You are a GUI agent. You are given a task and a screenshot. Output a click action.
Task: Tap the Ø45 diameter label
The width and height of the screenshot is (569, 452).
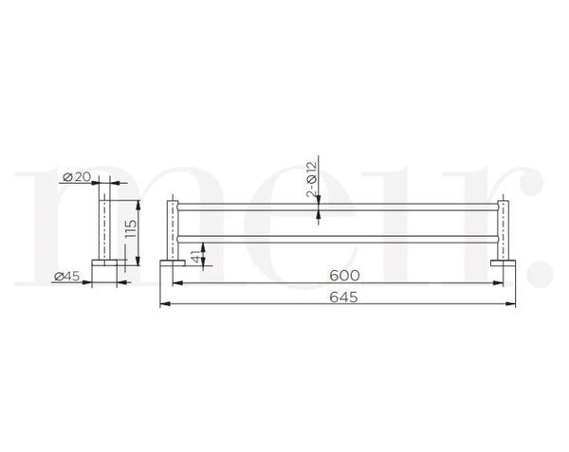66,277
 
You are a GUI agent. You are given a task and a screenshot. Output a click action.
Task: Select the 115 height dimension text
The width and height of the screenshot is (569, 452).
131,230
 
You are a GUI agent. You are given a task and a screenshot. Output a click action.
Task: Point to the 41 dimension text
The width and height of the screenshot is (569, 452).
195,257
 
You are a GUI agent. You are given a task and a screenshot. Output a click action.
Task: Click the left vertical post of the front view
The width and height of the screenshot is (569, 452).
174,227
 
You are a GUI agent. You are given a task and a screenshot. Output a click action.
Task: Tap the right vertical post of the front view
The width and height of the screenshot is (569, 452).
499,227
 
